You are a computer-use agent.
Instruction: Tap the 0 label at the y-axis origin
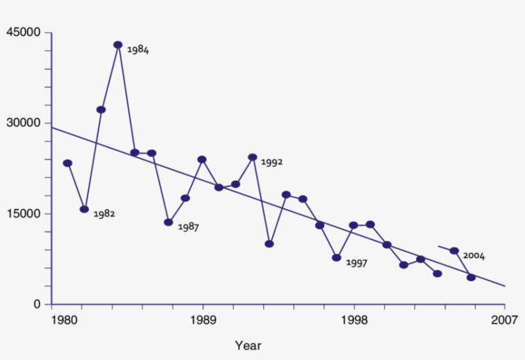[36, 304]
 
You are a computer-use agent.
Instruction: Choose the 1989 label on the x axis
[203, 320]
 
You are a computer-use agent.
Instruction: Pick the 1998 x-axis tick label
[354, 320]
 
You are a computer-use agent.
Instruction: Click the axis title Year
[248, 346]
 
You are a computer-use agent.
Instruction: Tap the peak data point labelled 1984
[118, 45]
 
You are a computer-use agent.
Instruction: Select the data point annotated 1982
[84, 209]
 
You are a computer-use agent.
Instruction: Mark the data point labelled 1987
[168, 222]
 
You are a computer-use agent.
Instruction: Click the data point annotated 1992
[252, 157]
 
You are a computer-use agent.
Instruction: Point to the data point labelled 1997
[336, 258]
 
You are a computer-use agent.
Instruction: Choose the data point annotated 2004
[454, 250]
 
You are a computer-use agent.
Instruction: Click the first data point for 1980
[67, 163]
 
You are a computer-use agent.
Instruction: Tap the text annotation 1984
[138, 49]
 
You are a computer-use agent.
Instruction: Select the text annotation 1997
[356, 263]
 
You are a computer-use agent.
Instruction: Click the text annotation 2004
[474, 256]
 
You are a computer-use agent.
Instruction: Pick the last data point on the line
[471, 277]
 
